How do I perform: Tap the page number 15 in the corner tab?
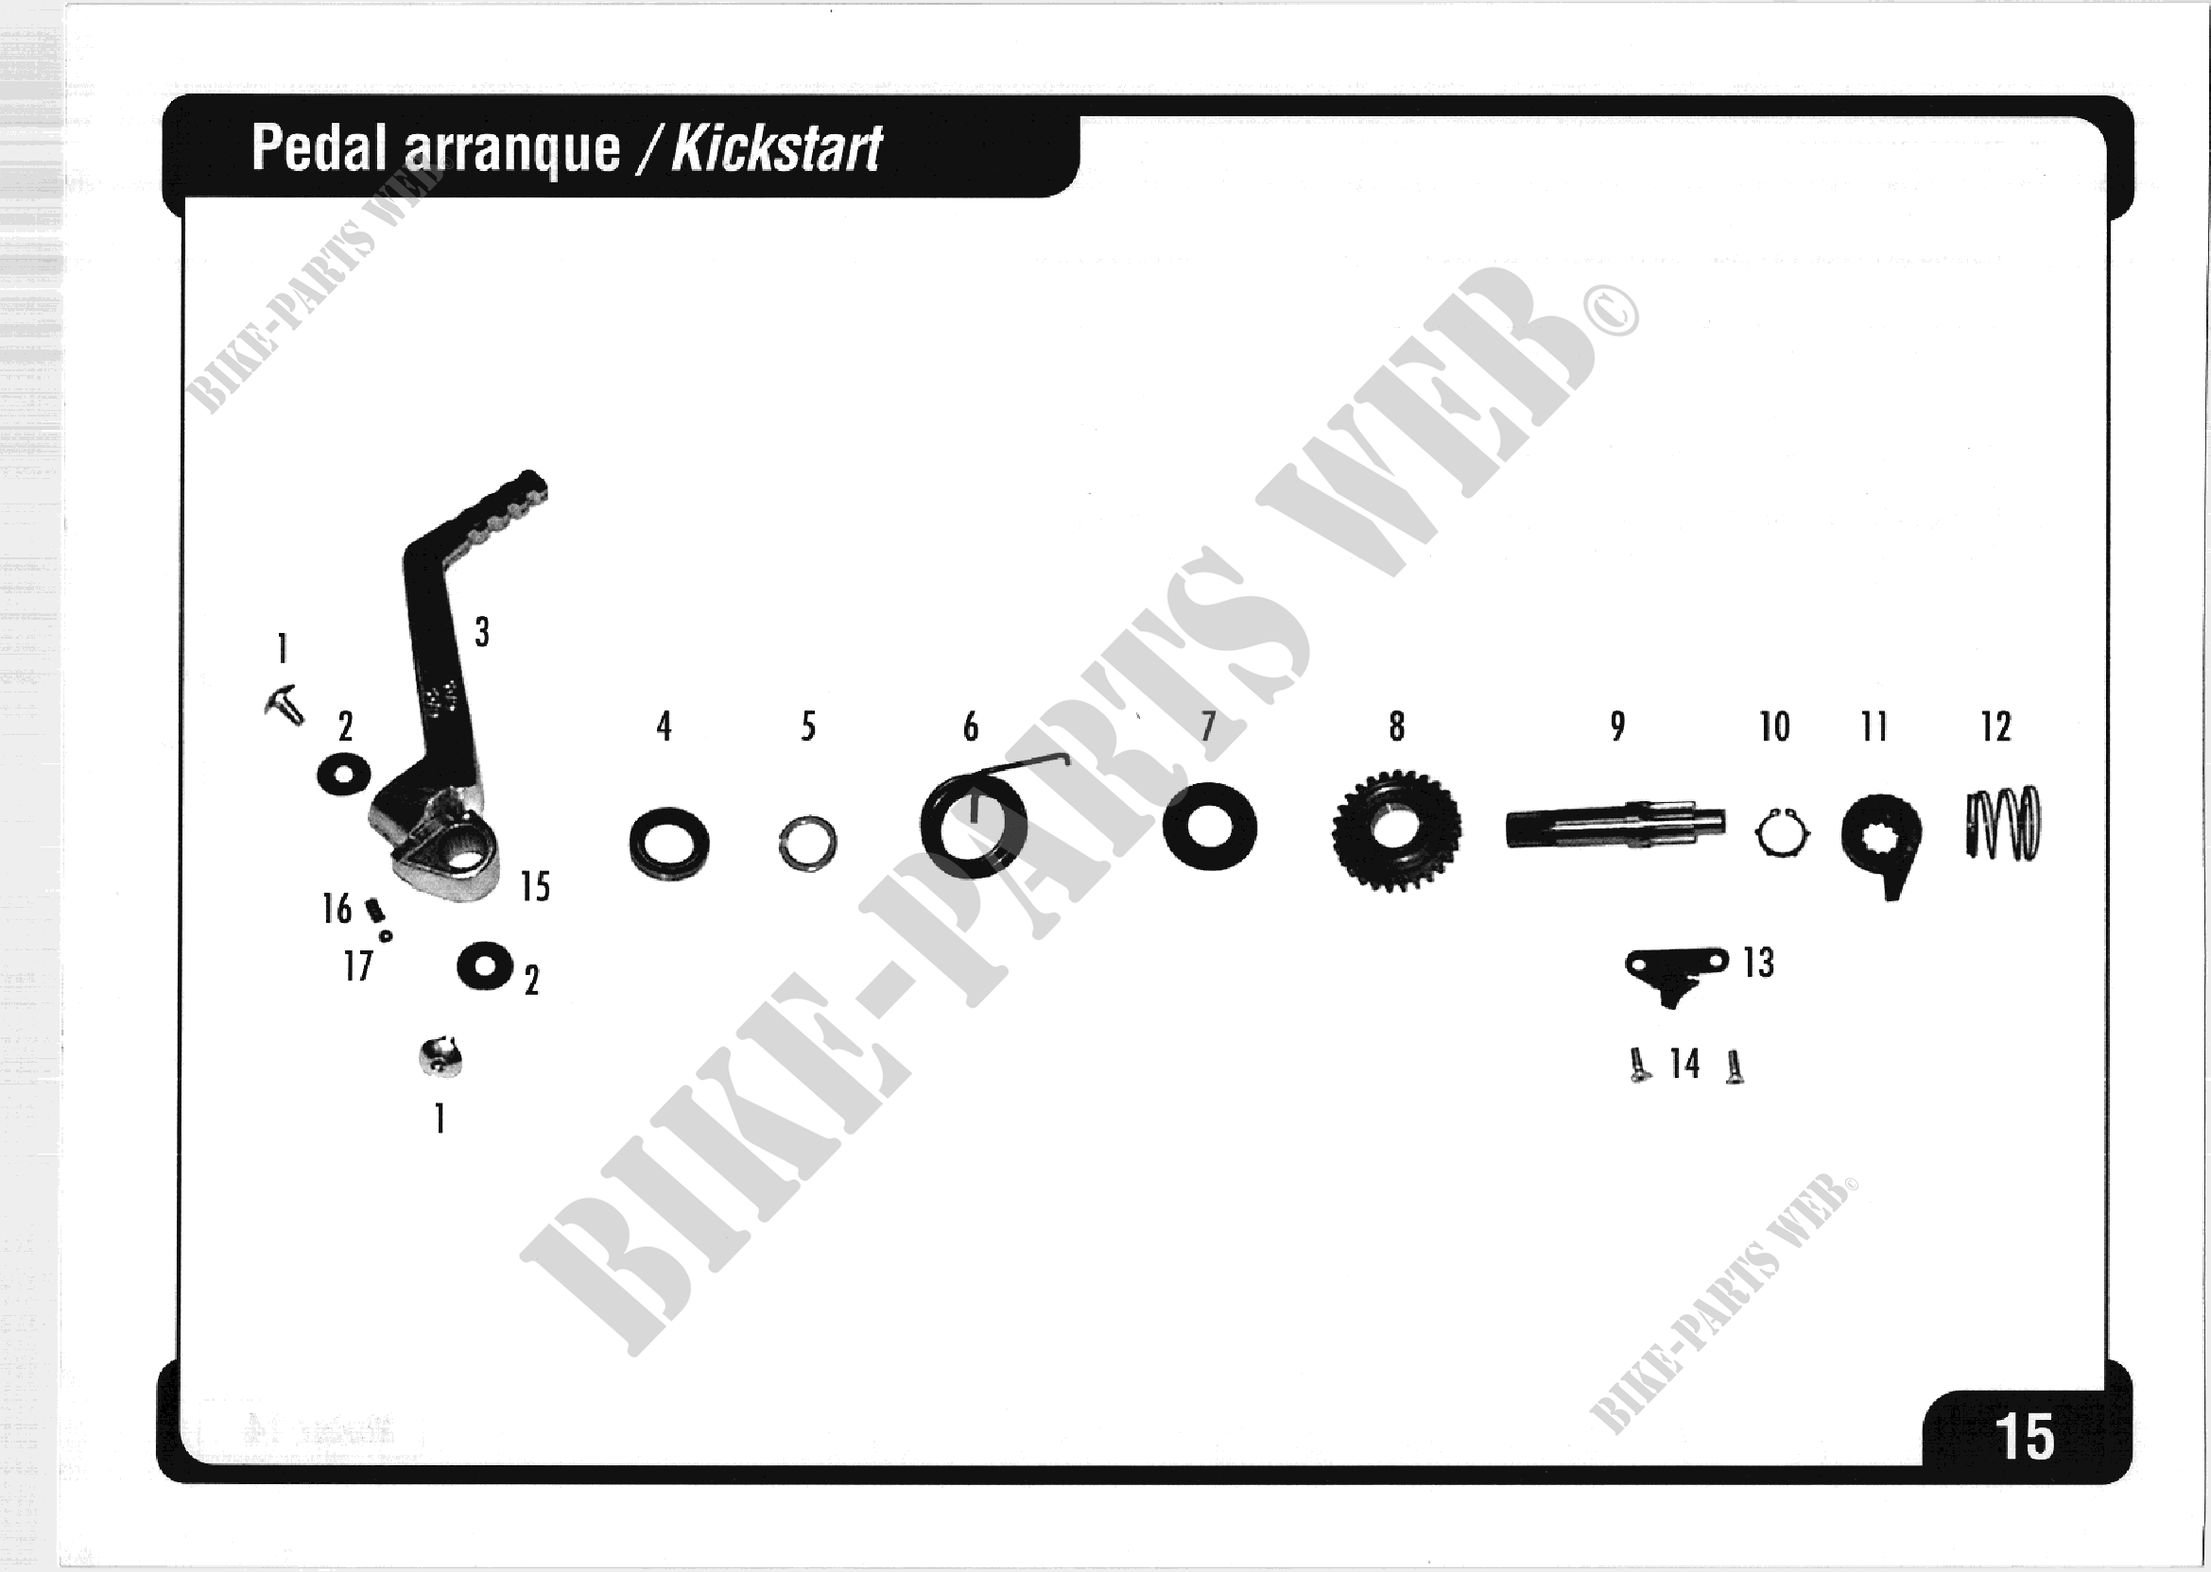2023,1438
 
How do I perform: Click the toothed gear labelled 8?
1395,830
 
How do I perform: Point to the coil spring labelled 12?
2002,824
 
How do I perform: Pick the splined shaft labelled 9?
1615,828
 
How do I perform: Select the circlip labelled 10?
1780,832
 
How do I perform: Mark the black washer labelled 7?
1209,827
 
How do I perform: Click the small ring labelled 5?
806,842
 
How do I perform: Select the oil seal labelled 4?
668,843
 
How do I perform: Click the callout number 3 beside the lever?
482,633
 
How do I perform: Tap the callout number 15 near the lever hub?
535,887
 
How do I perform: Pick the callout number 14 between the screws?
1684,1064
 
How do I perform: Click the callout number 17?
357,965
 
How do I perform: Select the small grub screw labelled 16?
374,909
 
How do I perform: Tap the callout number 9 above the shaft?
1617,726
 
